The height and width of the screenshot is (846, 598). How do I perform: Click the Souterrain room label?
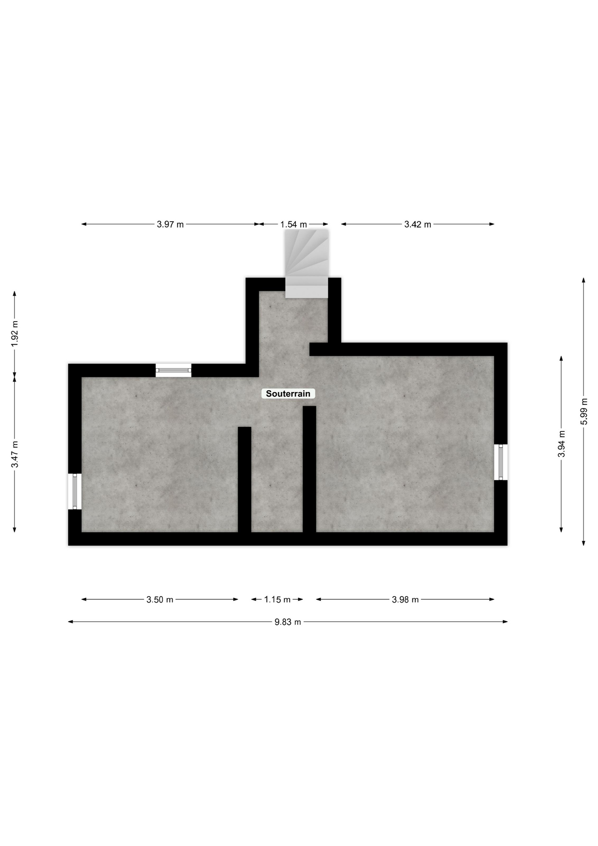pos(288,393)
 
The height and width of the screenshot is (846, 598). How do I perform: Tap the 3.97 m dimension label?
pos(170,224)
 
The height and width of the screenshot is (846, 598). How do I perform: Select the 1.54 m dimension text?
pos(294,224)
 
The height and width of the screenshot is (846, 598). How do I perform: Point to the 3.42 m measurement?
pos(418,224)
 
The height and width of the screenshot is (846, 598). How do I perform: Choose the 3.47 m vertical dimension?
pos(15,454)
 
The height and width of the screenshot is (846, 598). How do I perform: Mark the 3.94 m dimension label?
pos(561,444)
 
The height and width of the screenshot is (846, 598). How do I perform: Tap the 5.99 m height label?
pos(584,412)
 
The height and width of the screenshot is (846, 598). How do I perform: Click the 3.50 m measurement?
pos(160,599)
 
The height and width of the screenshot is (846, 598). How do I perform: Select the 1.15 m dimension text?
pos(277,599)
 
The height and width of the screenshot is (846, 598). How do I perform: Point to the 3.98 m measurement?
pos(405,599)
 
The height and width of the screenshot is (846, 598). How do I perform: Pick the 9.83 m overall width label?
pos(288,622)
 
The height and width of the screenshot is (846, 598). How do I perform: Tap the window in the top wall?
pos(173,370)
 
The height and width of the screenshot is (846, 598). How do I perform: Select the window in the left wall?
pos(75,491)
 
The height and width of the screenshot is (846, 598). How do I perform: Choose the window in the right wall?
pos(501,462)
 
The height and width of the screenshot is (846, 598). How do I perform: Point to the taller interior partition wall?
pos(310,469)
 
